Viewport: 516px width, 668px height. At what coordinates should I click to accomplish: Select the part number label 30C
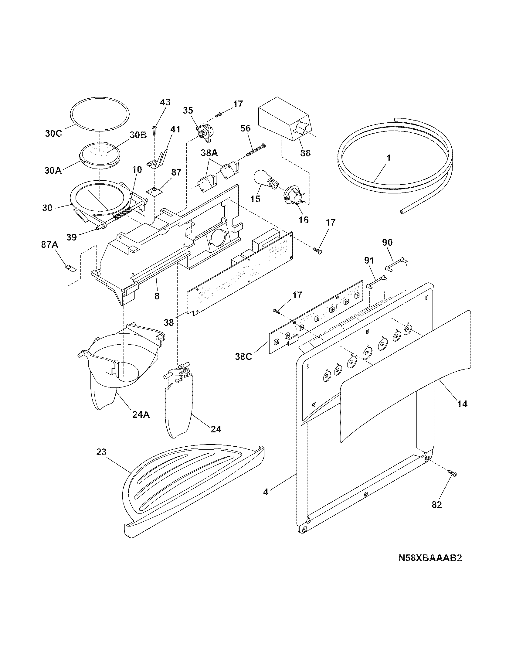tap(53, 134)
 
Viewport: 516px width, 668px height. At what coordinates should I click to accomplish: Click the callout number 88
tap(305, 153)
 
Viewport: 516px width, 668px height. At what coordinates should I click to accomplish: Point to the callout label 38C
tap(243, 356)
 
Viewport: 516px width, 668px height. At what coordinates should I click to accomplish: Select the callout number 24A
tap(141, 415)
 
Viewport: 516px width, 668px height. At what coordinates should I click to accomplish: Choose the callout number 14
tap(462, 404)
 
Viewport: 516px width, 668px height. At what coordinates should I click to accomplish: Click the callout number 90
tap(387, 243)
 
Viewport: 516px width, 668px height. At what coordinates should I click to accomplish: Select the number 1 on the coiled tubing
tap(388, 158)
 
